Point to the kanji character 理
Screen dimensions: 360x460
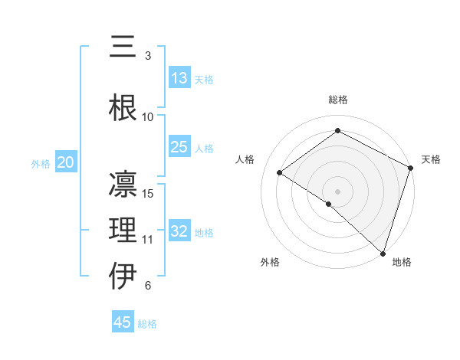[x=123, y=230]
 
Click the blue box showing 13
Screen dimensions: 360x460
[x=179, y=79]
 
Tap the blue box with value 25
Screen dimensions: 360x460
[x=179, y=148]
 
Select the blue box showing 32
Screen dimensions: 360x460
[x=179, y=232]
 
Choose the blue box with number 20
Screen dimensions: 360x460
[x=66, y=162]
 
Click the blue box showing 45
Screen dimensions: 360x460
[x=123, y=322]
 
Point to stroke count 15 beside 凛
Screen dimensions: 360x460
[x=149, y=193]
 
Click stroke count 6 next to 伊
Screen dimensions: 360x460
[x=148, y=286]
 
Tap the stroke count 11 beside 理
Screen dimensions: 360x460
[x=148, y=239]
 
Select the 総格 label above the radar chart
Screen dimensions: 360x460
[x=338, y=100]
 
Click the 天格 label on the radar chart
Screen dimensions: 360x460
[x=431, y=159]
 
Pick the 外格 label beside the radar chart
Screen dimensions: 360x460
[x=270, y=262]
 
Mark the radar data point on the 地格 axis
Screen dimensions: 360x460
[x=383, y=253]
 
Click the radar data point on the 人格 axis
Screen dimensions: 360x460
[x=280, y=172]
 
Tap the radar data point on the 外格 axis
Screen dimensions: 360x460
[x=328, y=204]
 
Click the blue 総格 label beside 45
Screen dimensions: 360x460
[x=147, y=324]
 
